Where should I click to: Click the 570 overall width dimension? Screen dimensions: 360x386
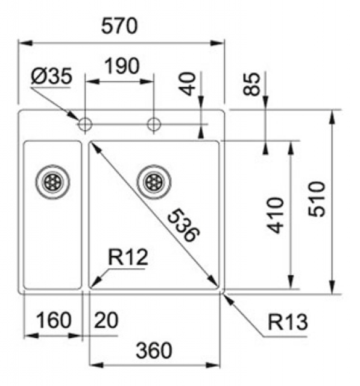[119, 26]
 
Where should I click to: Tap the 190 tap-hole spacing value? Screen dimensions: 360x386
[122, 66]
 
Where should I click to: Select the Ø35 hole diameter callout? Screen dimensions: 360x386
[51, 76]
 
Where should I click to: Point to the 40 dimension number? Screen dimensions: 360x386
[188, 84]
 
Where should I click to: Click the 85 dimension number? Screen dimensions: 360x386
[251, 84]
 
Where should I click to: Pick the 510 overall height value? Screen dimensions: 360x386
[317, 199]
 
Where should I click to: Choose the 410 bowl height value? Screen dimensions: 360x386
[276, 215]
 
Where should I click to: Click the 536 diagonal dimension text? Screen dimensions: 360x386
[184, 225]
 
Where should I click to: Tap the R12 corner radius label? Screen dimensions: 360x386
[128, 257]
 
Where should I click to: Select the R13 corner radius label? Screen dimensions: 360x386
[288, 322]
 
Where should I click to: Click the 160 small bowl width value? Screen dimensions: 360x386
[54, 320]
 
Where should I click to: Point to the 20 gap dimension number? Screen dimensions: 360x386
[106, 320]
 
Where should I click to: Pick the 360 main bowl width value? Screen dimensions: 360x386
[154, 350]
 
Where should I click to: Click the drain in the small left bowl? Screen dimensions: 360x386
[52, 182]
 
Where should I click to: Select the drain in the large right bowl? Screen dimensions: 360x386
[154, 182]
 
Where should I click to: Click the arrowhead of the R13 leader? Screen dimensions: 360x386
[227, 298]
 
